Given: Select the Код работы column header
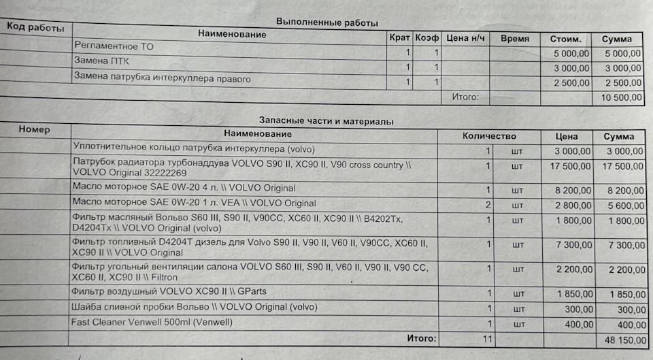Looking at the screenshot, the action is [x=35, y=29].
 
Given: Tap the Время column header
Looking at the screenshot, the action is [x=514, y=39].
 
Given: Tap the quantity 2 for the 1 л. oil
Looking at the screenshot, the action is [x=487, y=204].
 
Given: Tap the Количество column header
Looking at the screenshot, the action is [x=488, y=136].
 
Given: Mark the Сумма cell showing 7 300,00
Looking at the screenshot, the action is [x=620, y=245].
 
